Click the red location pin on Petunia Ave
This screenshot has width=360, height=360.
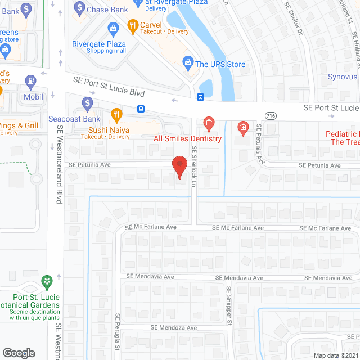point(179,167)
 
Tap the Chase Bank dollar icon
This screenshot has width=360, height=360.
point(79,8)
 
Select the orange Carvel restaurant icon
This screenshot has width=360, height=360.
point(132,25)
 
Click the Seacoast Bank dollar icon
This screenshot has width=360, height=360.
point(87,103)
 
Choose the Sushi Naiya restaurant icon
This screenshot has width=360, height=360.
point(116,115)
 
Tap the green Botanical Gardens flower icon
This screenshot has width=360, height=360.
point(47,280)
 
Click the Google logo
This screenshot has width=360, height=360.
point(19,353)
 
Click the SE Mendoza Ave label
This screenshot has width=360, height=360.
point(173,327)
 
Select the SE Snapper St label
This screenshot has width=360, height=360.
point(229,305)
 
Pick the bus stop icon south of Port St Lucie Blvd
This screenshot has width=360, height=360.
point(141,109)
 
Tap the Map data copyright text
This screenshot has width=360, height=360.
point(335,355)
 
